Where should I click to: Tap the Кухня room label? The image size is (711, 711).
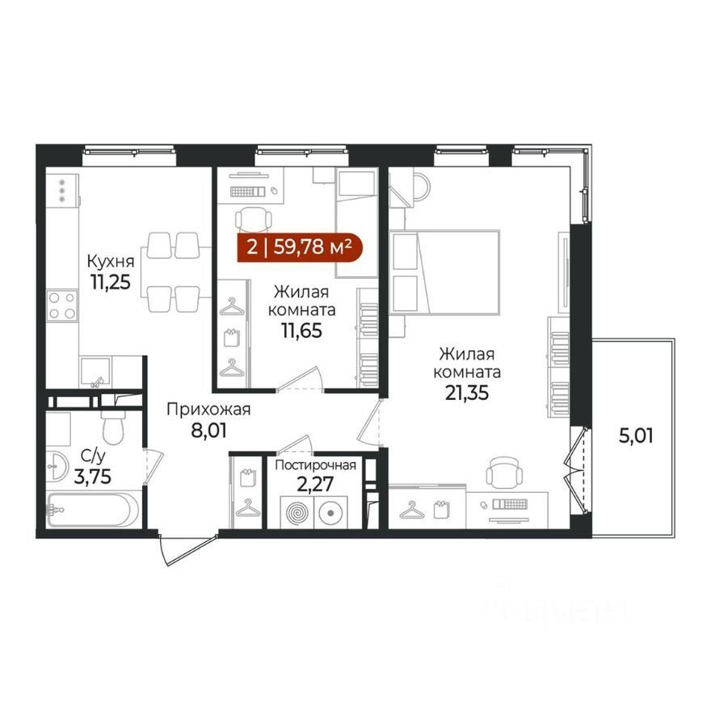tap(110, 262)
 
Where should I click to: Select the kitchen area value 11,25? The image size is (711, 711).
tap(110, 282)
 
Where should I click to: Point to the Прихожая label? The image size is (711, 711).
tap(208, 409)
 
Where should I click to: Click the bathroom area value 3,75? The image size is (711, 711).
tap(92, 477)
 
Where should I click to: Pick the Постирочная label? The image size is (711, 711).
tap(316, 465)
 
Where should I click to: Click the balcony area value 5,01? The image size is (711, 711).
tap(636, 435)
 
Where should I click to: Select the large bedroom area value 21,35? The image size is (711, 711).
tap(467, 393)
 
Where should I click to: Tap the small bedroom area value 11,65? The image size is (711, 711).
tap(302, 330)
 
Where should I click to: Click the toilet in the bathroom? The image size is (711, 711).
tap(113, 425)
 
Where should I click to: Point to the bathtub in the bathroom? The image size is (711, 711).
tap(92, 510)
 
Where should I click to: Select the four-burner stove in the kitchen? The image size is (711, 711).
tap(62, 305)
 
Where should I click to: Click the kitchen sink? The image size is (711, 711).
tap(95, 372)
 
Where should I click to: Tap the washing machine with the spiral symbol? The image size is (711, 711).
tap(297, 512)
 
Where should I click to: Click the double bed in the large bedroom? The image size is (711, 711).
tap(444, 272)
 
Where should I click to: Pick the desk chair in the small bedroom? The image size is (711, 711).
tap(254, 219)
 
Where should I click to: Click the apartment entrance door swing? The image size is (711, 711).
tap(187, 550)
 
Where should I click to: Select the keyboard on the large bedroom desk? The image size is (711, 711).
tap(510, 504)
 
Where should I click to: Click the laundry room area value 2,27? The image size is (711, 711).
tap(315, 484)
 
